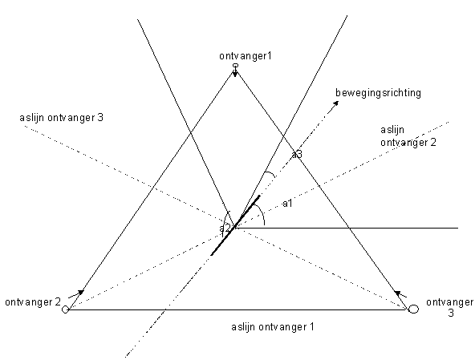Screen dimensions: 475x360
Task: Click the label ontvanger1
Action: coord(246,56)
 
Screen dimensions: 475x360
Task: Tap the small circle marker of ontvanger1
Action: coord(235,65)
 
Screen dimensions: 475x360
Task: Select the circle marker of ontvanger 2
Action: coord(65,309)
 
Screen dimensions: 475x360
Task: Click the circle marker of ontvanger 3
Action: coord(413,309)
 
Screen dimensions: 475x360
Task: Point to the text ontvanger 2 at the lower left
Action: coord(33,302)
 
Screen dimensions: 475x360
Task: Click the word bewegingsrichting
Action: coord(378,93)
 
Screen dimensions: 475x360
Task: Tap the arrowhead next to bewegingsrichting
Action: coord(335,103)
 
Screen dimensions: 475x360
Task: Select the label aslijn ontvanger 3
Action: coord(62,118)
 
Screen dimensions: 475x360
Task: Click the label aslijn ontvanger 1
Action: coord(273,327)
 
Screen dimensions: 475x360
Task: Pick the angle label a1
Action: coord(287,204)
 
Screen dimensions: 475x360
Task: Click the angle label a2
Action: coord(225,228)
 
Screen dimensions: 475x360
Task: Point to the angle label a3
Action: coord(297,155)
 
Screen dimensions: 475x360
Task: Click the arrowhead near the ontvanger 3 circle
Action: coord(397,293)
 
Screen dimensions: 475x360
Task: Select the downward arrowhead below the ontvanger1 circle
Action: coord(235,73)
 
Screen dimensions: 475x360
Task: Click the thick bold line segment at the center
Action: coord(235,225)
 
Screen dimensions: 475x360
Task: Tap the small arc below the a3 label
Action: coord(270,173)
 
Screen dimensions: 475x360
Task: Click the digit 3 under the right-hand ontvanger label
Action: coord(451,313)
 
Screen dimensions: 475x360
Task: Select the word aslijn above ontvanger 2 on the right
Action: coord(392,130)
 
